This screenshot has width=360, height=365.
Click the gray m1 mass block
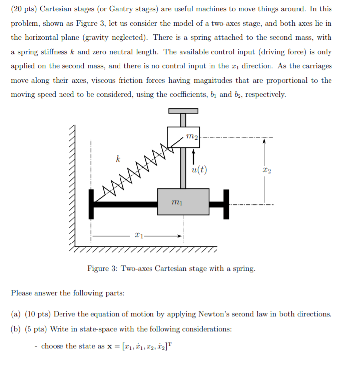(x=183, y=202)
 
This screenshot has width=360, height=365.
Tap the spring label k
(x=118, y=159)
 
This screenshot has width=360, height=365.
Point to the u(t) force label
(x=199, y=170)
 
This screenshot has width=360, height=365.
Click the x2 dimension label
(x=267, y=170)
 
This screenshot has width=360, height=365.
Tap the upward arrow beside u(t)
(x=193, y=156)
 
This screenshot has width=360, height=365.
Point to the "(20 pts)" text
(x=24, y=9)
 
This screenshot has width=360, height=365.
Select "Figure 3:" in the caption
(x=101, y=269)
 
